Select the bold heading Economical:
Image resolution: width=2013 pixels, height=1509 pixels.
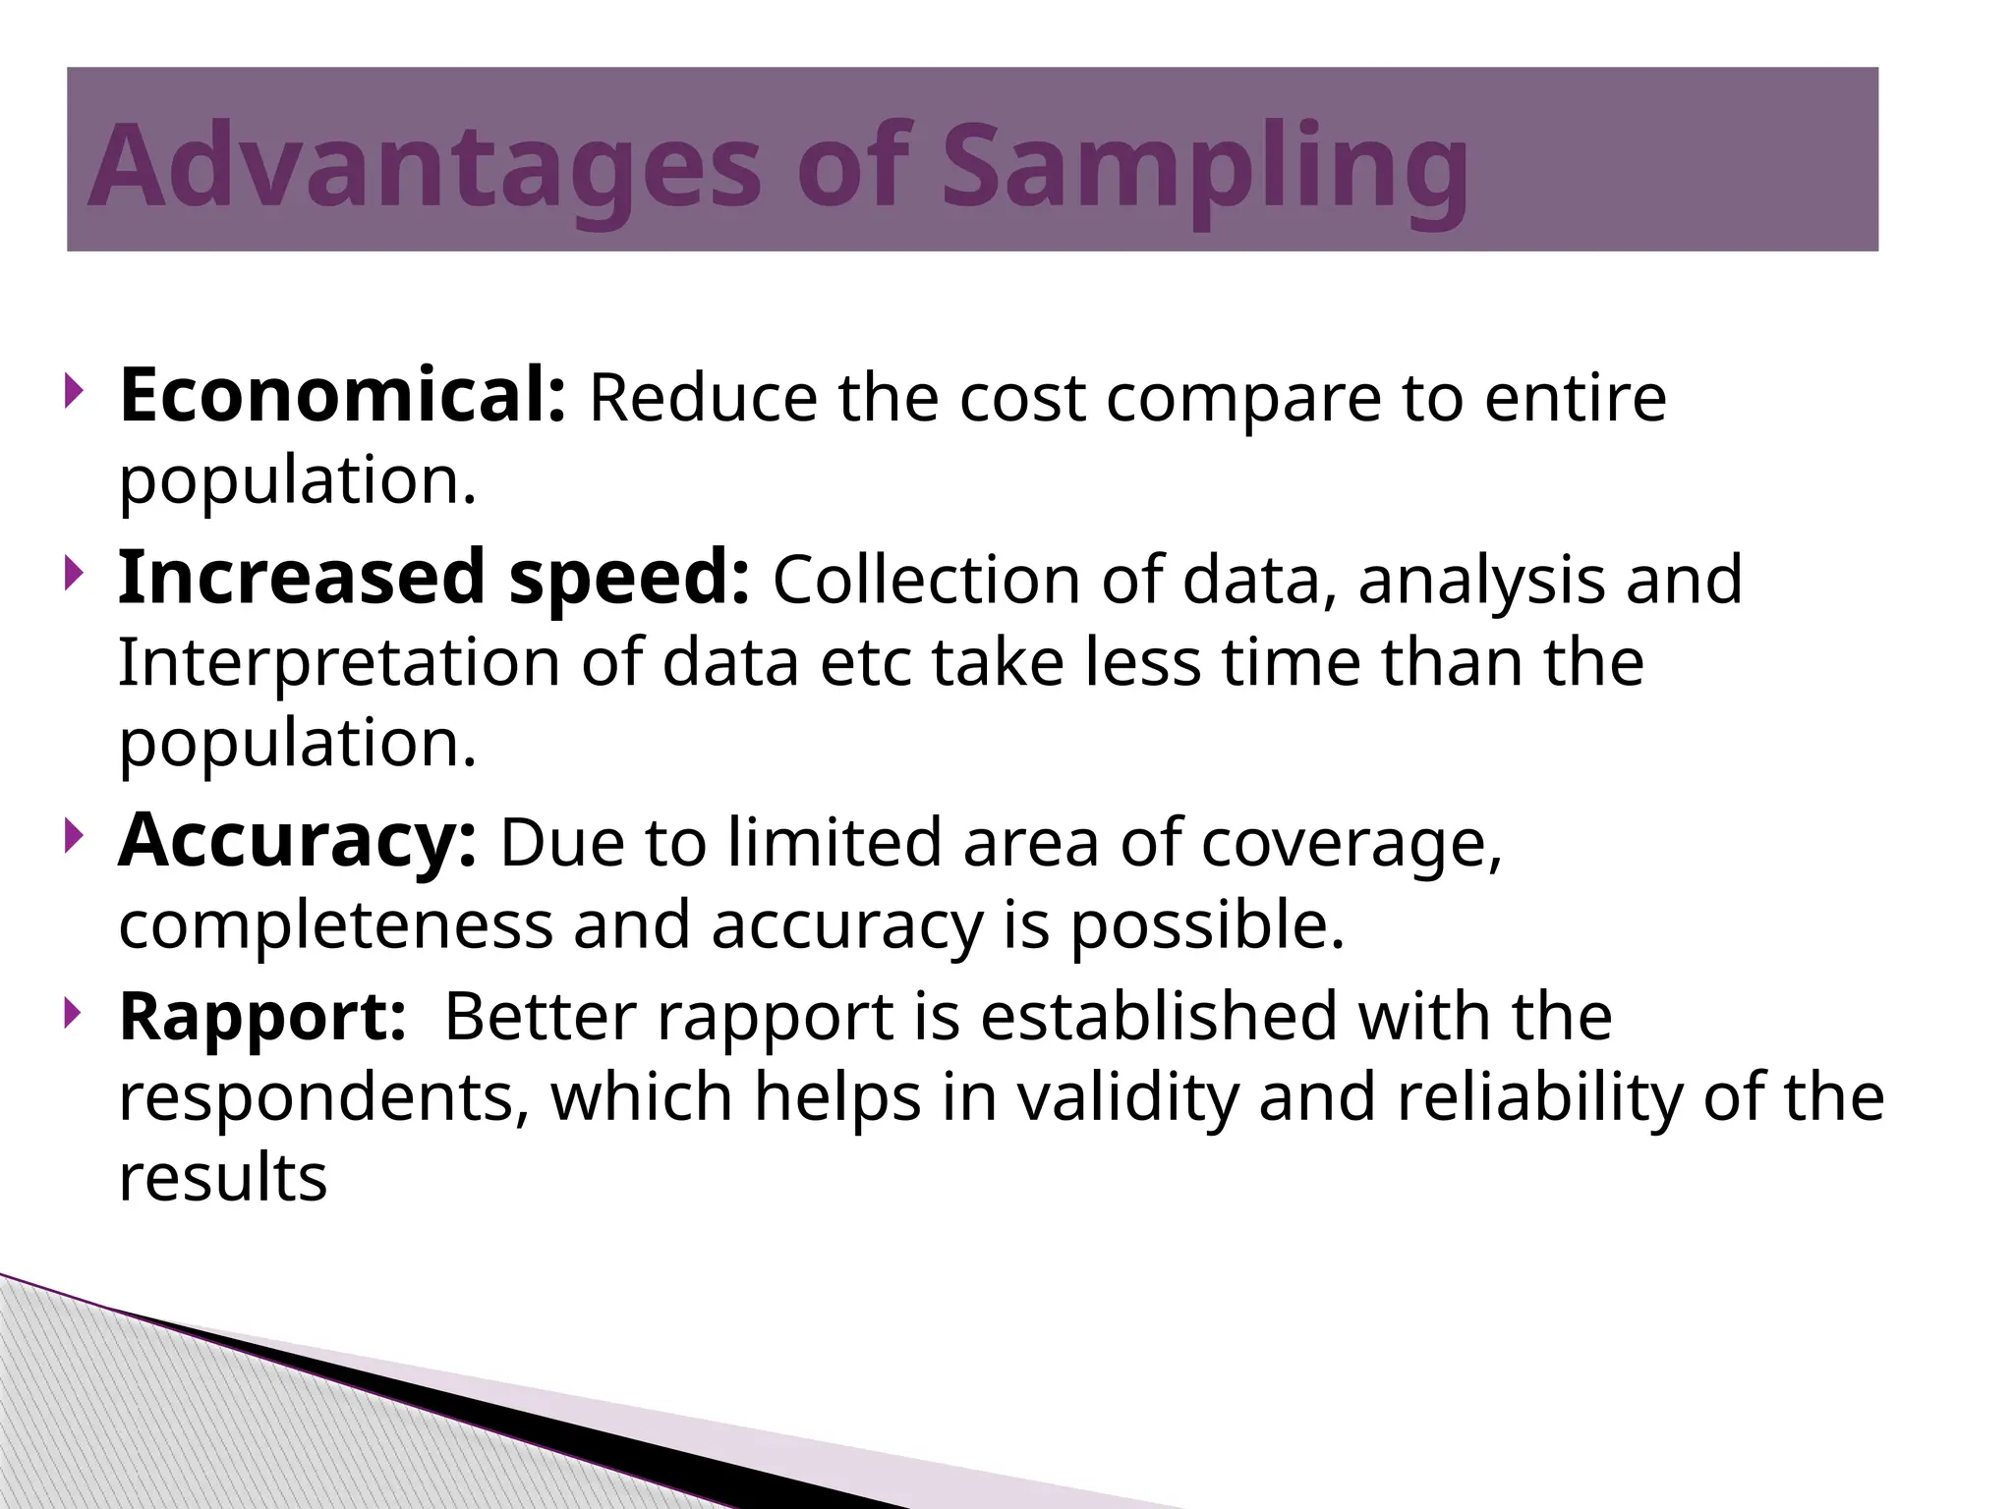(342, 395)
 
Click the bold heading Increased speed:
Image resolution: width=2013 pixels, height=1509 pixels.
(433, 578)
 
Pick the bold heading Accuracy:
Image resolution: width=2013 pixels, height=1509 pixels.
(298, 841)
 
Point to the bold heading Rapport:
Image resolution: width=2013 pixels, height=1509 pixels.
(262, 1016)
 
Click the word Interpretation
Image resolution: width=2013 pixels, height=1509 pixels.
(338, 663)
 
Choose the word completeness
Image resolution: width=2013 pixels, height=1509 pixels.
(335, 926)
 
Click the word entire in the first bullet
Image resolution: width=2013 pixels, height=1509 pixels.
(1575, 398)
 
